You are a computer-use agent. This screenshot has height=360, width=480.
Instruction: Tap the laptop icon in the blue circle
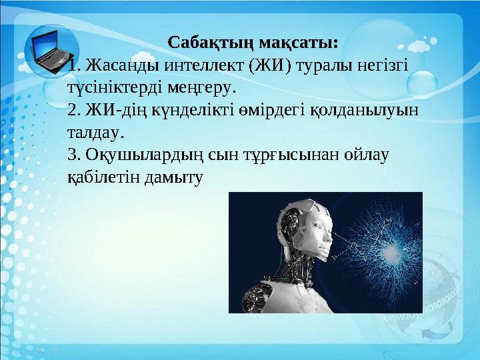pyautogui.click(x=51, y=51)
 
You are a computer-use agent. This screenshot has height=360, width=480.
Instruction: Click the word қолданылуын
pyautogui.click(x=365, y=110)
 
